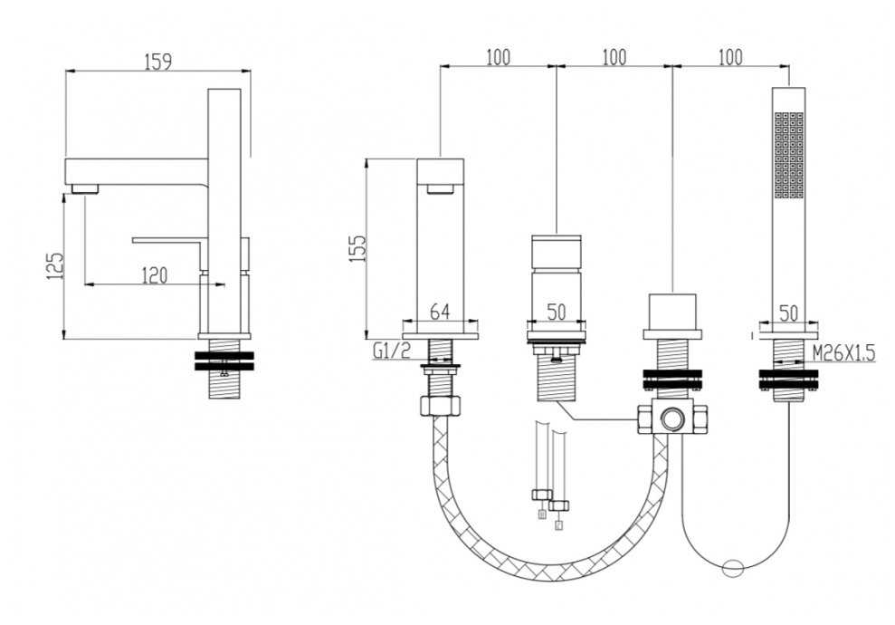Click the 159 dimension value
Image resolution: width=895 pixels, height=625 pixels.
[157, 61]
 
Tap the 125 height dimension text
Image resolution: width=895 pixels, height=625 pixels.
[56, 266]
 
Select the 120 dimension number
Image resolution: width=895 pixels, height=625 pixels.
[154, 275]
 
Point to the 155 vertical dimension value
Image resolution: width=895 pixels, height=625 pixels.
[357, 248]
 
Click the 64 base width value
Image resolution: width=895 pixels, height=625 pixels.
[440, 312]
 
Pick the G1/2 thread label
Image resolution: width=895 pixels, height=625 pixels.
[392, 351]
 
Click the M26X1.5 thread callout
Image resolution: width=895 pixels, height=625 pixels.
[843, 353]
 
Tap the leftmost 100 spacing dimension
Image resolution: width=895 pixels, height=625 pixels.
[499, 58]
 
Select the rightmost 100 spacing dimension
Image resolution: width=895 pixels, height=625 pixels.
[730, 58]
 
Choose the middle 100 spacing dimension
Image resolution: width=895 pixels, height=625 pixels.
[614, 58]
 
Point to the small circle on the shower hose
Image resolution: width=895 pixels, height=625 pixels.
[732, 569]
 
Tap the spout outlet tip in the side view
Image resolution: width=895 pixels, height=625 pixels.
[85, 188]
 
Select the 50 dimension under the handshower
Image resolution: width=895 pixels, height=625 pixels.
[788, 313]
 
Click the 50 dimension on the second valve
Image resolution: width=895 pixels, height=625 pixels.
[556, 312]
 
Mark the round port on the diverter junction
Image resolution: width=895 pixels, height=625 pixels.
[671, 418]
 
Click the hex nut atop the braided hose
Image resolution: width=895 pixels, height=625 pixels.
[440, 405]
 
